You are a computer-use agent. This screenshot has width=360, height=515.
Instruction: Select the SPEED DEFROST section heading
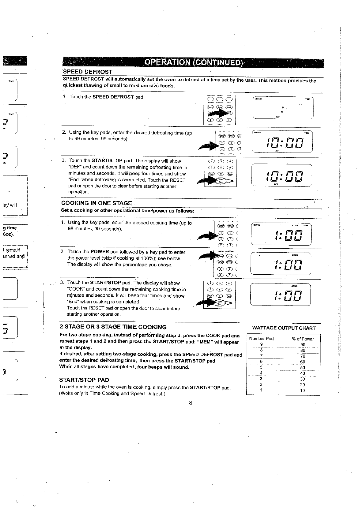[x=88, y=72]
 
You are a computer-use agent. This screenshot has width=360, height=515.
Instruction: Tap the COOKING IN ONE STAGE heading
[x=97, y=203]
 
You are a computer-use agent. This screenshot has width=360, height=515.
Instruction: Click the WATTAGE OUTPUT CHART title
[x=283, y=328]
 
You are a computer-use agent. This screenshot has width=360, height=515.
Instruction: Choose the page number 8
[x=191, y=403]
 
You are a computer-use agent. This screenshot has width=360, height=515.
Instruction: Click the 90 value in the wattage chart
[x=303, y=345]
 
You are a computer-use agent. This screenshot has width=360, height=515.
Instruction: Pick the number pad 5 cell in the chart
[x=261, y=367]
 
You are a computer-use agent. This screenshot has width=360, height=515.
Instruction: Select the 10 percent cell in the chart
[x=302, y=391]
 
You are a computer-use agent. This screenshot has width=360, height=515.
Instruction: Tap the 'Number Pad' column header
[x=261, y=339]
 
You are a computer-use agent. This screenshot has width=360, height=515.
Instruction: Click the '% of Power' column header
[x=303, y=339]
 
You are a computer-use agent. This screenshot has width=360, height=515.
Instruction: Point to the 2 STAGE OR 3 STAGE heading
[x=113, y=327]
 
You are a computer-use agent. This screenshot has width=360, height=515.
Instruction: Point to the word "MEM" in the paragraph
[x=205, y=341]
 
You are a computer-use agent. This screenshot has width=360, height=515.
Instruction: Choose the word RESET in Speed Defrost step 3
[x=178, y=180]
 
